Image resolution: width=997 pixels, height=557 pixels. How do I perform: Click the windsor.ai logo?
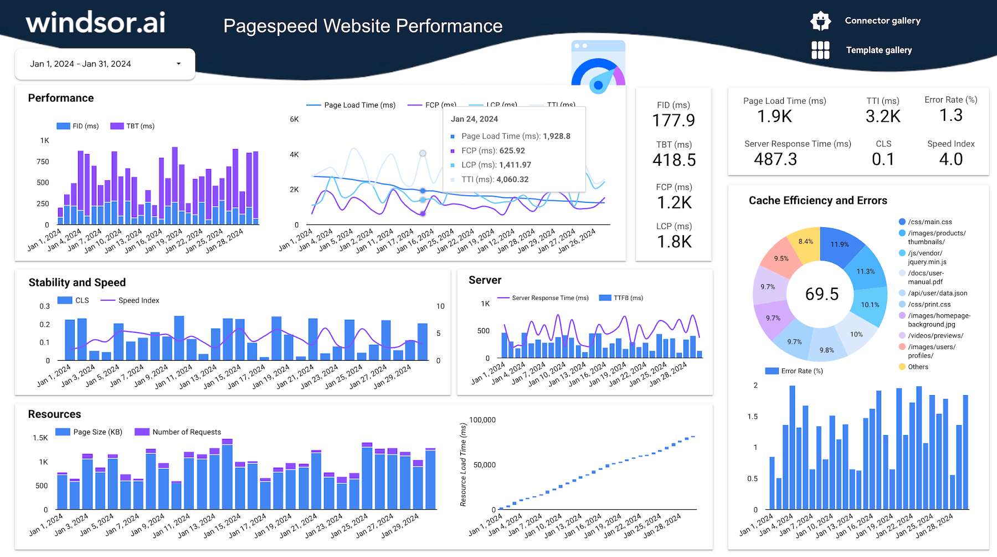(x=95, y=23)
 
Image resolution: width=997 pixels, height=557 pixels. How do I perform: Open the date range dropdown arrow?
(x=178, y=64)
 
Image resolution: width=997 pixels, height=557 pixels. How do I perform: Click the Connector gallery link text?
(x=882, y=21)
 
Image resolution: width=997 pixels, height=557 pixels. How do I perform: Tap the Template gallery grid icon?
(x=820, y=50)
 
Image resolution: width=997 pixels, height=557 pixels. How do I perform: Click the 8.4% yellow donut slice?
(x=805, y=242)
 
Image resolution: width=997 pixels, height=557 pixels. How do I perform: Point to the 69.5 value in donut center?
(x=821, y=294)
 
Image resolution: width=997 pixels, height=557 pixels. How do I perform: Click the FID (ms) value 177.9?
(x=673, y=120)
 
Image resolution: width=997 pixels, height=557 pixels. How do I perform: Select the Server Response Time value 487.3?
(x=775, y=160)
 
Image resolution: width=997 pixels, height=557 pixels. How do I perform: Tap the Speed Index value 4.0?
(x=950, y=160)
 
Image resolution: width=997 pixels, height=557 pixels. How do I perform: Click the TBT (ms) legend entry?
(x=133, y=126)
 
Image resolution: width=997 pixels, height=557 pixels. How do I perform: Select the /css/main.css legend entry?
(x=929, y=222)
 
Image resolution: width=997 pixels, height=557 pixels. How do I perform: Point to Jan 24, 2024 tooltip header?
(x=474, y=119)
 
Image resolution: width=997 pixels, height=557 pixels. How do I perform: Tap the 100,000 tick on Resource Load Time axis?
(x=482, y=420)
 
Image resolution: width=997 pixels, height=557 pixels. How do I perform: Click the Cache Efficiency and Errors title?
(x=818, y=201)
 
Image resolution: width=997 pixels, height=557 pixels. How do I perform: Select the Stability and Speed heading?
(x=77, y=283)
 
